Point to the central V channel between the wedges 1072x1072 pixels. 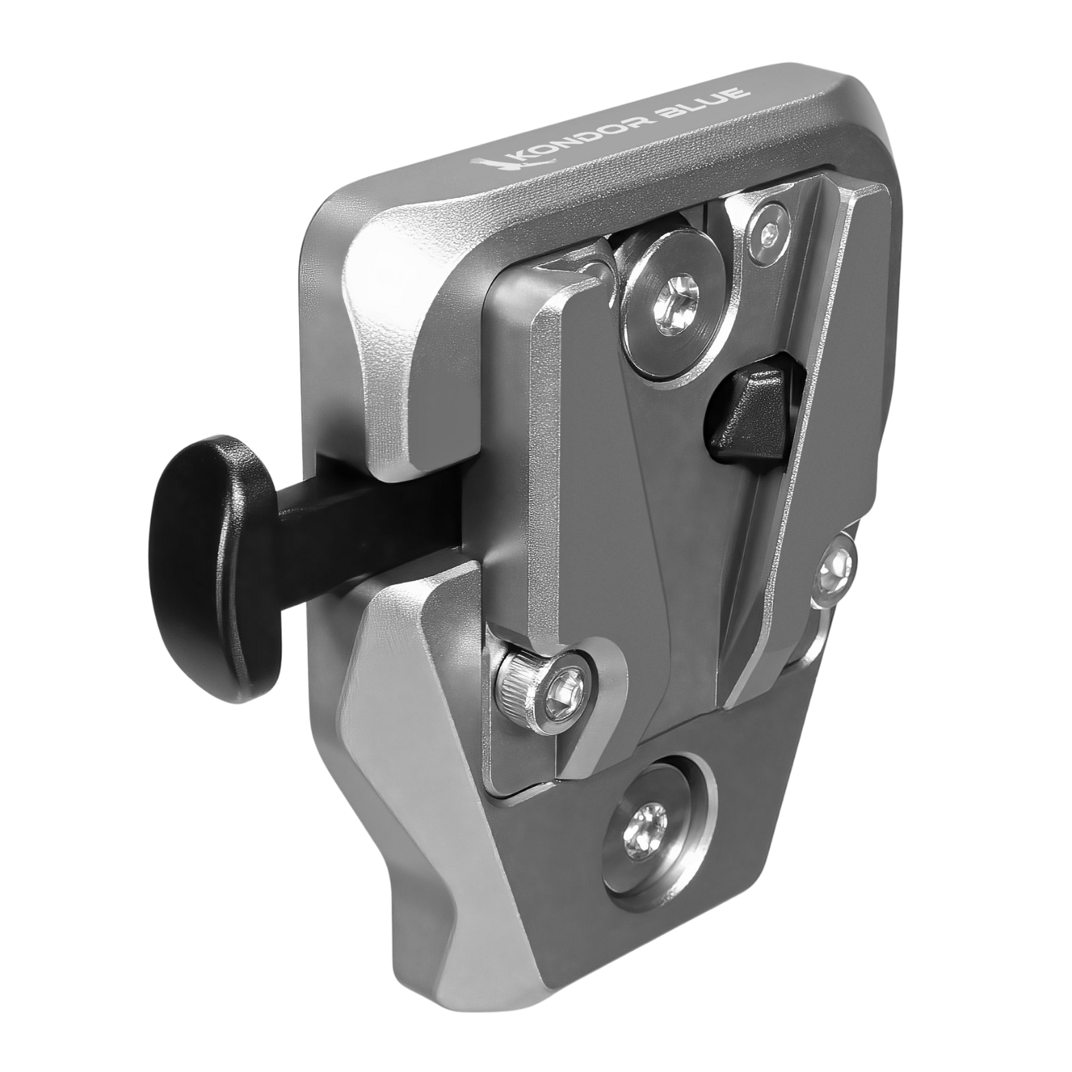693,549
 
